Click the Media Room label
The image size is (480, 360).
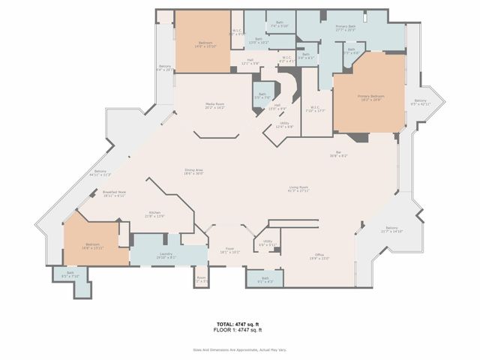tap(216, 106)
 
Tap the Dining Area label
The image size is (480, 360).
tap(194, 172)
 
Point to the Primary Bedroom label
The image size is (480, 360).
tap(370, 97)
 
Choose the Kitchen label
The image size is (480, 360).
tap(155, 214)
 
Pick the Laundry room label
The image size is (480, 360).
tap(165, 256)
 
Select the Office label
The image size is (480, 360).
tap(319, 256)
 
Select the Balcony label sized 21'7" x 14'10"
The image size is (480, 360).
tap(391, 229)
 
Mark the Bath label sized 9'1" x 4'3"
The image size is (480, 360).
tap(265, 280)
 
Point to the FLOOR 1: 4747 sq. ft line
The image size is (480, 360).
tap(239, 331)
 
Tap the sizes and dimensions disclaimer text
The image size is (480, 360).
tap(239, 349)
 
